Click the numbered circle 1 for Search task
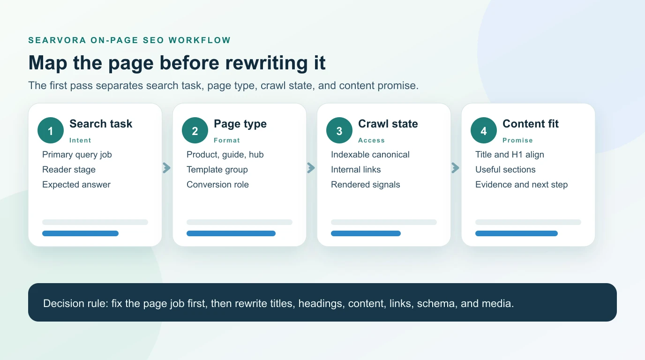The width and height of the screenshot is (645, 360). [51, 130]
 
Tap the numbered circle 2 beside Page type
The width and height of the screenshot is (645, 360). [195, 130]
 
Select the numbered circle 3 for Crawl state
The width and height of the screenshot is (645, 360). [339, 130]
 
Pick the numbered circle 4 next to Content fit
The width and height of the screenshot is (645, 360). [484, 130]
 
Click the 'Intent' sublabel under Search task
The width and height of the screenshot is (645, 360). [80, 140]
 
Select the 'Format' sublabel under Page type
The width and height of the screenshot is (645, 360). [227, 140]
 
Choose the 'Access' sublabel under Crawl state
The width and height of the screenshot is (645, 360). [371, 140]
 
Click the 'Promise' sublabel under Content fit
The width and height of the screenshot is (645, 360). [517, 140]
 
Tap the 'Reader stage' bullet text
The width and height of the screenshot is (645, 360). [69, 170]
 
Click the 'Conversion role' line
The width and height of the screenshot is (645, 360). [217, 185]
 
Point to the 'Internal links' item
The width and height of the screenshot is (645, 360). [356, 170]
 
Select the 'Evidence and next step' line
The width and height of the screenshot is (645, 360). [521, 185]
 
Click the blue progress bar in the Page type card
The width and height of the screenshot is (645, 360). [231, 233]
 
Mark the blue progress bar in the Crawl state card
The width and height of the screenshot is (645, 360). [366, 233]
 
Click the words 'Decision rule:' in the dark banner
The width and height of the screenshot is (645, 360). [76, 303]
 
